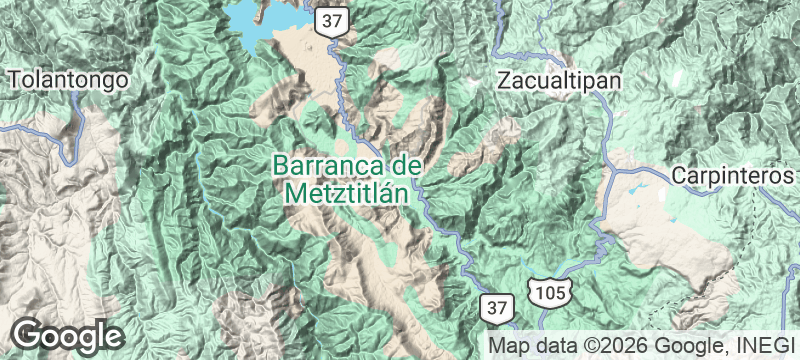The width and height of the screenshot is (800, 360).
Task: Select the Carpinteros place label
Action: tap(732, 175)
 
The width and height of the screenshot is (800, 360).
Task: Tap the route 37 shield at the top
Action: tap(329, 19)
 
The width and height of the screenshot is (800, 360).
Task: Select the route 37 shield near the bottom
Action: tap(498, 305)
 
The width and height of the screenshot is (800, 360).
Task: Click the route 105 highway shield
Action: tap(553, 292)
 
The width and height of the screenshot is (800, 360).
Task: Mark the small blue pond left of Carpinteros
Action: tap(637, 188)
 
